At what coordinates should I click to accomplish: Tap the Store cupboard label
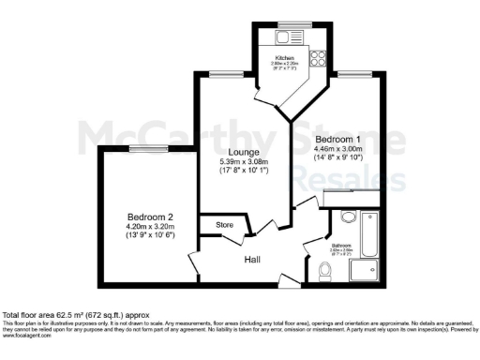click(x=225, y=225)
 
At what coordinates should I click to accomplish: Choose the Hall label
click(x=253, y=260)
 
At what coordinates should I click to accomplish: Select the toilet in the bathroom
click(x=324, y=272)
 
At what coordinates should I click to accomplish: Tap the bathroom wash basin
click(x=348, y=217)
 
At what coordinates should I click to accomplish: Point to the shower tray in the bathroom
click(x=365, y=271)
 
